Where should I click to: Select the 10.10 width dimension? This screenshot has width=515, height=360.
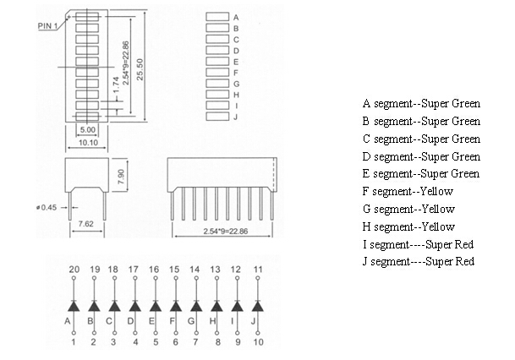[x=87, y=143]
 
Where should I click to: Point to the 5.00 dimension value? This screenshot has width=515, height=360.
[x=87, y=130]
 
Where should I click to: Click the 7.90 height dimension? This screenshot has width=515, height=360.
[x=121, y=177]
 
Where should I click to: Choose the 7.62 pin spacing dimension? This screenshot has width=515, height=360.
[x=85, y=224]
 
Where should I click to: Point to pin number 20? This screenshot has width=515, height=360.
[x=74, y=269]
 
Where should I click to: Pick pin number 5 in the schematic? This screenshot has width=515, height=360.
[x=155, y=341]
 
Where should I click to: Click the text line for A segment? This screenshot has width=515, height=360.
[x=421, y=104]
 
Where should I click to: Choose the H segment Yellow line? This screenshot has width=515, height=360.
[x=408, y=226]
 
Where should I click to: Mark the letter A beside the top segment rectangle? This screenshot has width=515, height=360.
[x=236, y=18]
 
